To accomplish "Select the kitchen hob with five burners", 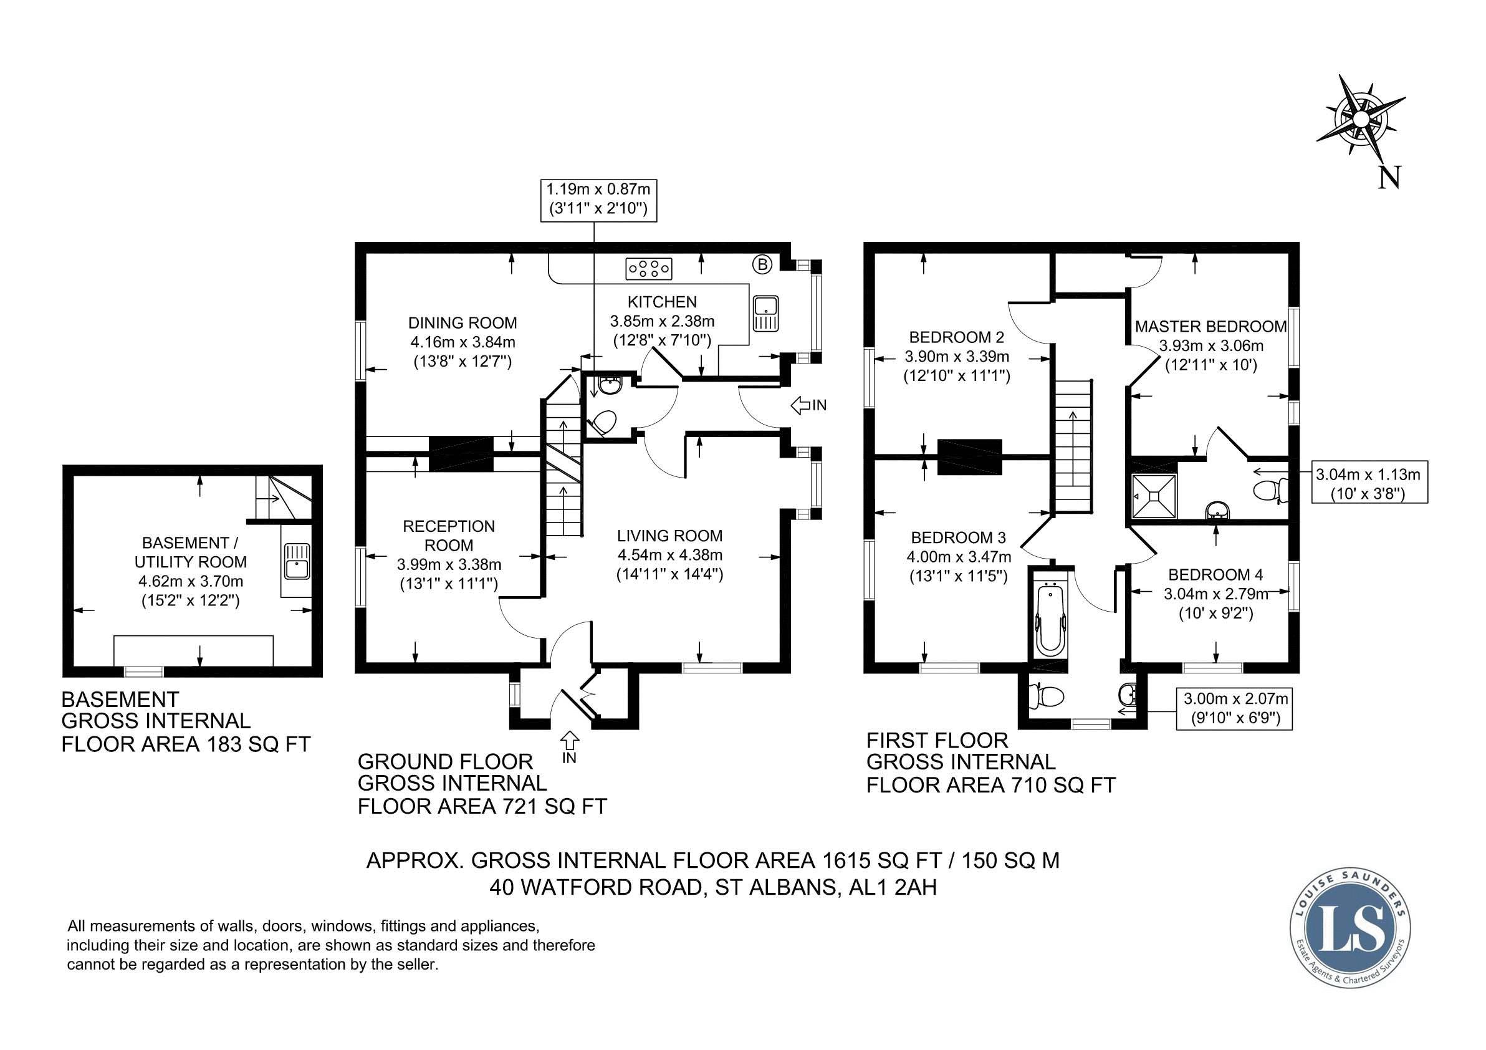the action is click(648, 268).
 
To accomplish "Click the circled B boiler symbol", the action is click(762, 264).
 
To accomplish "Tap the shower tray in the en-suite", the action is click(1153, 496).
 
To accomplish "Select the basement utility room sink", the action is click(297, 561).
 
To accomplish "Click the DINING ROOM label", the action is click(463, 322).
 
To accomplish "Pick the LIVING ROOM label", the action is click(669, 536).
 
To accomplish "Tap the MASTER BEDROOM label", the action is click(1211, 326).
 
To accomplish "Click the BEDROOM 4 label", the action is click(1215, 574).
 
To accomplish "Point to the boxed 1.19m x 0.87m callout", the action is click(598, 200).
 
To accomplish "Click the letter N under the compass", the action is click(1389, 176).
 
